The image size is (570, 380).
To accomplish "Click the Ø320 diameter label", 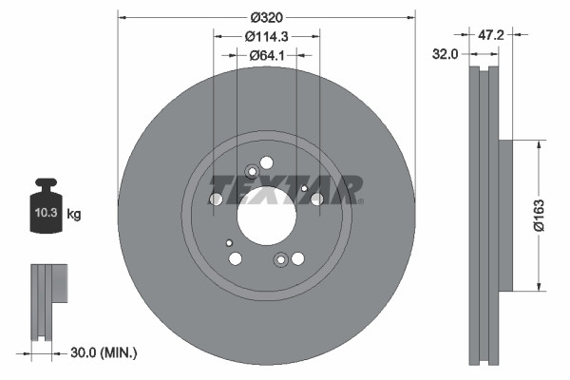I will tap(269, 17).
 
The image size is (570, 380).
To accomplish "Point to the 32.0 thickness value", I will tap(446, 54).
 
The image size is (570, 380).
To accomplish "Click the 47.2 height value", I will tap(490, 35).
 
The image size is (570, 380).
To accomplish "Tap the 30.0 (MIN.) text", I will tap(104, 352).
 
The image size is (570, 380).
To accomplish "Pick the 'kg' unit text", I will tap(74, 215).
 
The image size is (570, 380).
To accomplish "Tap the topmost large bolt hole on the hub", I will tap(266, 162).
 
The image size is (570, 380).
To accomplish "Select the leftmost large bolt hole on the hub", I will tap(216, 199).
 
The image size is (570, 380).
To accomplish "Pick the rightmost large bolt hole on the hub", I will tap(316, 199).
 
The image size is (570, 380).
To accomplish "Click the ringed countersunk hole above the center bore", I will tap(252, 172).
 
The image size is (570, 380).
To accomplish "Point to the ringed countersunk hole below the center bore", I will tap(280, 260).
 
